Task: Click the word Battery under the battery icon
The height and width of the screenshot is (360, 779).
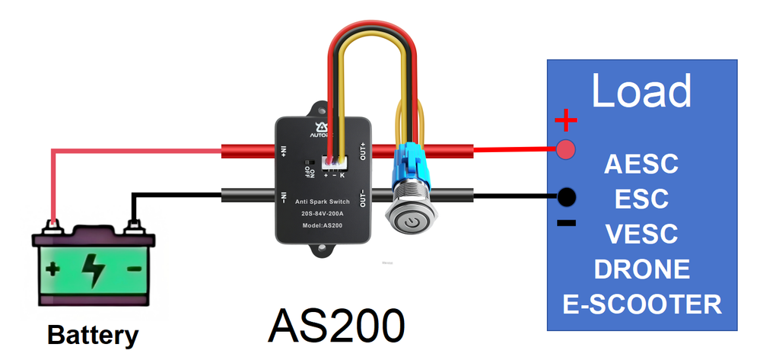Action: point(93,335)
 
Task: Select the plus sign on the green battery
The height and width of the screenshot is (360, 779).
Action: point(52,269)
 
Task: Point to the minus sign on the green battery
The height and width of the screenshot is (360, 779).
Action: point(134,269)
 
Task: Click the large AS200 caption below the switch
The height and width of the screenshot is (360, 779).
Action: point(335,327)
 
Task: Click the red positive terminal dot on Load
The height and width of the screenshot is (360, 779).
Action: point(565,149)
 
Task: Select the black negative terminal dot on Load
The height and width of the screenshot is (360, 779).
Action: point(566,197)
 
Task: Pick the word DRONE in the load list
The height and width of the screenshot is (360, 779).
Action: point(641,269)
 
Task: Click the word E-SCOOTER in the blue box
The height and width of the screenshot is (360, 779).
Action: point(641,304)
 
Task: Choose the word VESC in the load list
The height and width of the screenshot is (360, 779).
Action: point(641,234)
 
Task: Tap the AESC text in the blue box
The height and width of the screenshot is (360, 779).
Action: point(641,164)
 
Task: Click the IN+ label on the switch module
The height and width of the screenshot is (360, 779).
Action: point(283,151)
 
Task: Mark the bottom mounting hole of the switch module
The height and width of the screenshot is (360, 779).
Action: point(323,247)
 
